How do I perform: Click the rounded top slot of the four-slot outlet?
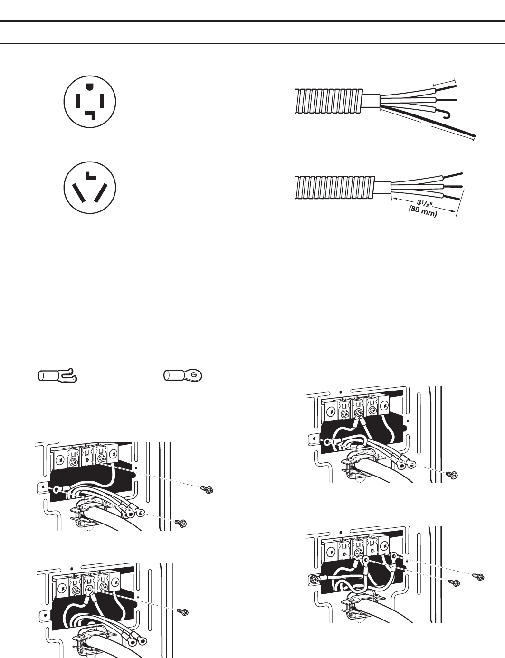[90, 86]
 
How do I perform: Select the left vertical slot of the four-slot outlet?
[77, 101]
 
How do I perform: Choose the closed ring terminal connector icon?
[183, 375]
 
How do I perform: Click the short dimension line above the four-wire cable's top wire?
[444, 83]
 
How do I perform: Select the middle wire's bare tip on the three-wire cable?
[456, 186]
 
